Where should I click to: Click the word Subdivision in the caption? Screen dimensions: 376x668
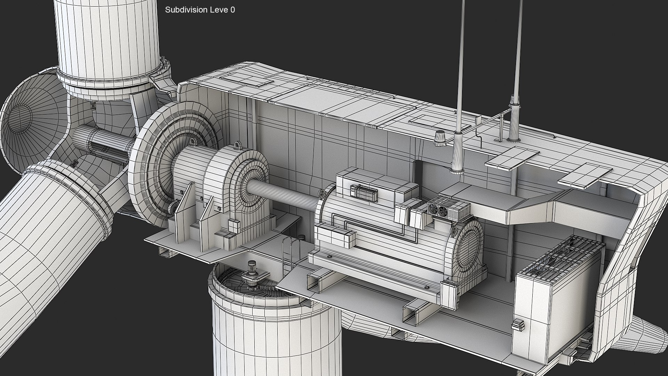point(186,10)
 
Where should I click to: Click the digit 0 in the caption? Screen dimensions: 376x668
point(232,10)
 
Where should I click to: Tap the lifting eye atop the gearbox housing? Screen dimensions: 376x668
point(238,145)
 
